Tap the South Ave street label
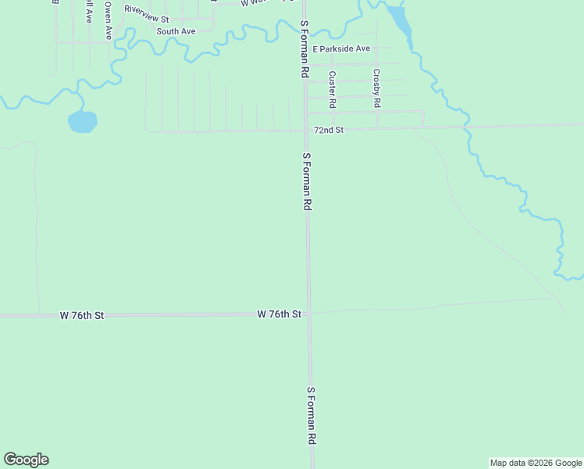(x=175, y=31)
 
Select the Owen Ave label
(x=109, y=21)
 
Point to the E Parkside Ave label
(x=341, y=48)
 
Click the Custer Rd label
(x=333, y=89)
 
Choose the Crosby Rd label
(x=376, y=88)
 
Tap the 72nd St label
(x=329, y=130)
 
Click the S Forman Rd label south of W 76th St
(x=311, y=415)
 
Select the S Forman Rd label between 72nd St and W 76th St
(x=307, y=181)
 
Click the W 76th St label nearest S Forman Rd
(x=280, y=313)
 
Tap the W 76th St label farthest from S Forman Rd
(x=82, y=315)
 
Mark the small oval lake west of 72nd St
(x=82, y=121)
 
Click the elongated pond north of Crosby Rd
(x=400, y=21)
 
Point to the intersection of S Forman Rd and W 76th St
(x=308, y=313)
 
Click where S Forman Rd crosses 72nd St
(x=305, y=130)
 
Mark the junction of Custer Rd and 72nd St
(x=333, y=127)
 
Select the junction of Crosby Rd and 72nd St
(x=378, y=127)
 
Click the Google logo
(x=26, y=460)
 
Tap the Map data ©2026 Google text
(x=536, y=463)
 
